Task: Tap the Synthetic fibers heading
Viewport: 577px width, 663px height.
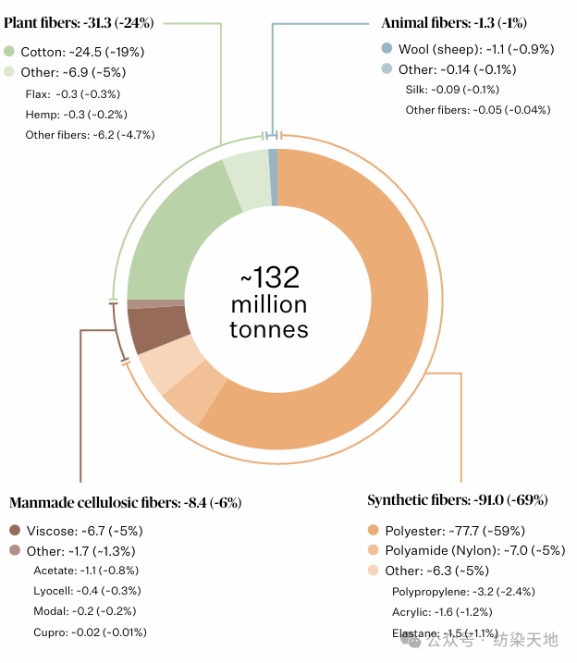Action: (457, 500)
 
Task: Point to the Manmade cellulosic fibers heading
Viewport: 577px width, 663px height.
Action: (125, 503)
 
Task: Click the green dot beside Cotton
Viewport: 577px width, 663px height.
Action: (9, 52)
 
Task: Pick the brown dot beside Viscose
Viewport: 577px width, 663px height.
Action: (15, 531)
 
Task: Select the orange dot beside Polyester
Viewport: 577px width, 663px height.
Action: (374, 531)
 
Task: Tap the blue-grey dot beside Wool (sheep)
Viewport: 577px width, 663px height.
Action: (387, 49)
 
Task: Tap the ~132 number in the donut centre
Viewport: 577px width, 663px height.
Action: (270, 277)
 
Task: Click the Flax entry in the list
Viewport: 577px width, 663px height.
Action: (73, 93)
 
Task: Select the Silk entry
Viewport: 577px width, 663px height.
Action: (452, 90)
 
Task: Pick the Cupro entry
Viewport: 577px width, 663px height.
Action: (89, 632)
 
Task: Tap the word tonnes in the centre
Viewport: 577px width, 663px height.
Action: (269, 330)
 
